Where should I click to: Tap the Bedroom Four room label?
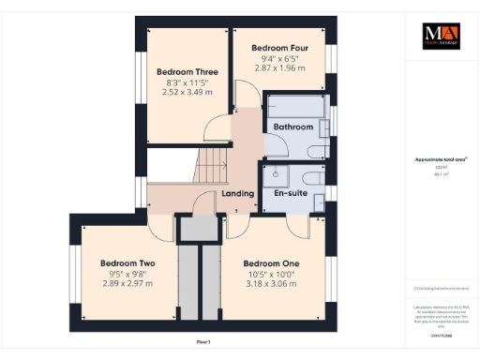point(280,47)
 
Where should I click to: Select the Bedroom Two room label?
point(127,263)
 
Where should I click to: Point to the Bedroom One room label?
point(269,263)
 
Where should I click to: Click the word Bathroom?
point(292,127)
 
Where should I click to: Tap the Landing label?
point(237,194)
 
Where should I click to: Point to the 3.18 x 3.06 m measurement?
point(269,283)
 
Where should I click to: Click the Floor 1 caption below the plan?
point(204,342)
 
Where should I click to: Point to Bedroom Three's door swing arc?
point(217,130)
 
